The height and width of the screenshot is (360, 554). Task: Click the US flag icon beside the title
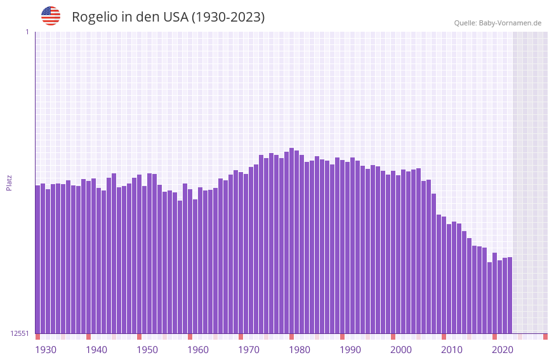click(x=51, y=16)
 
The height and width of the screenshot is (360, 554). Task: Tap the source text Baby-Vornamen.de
click(x=510, y=23)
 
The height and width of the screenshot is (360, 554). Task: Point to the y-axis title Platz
click(x=9, y=182)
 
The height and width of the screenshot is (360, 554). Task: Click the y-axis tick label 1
click(x=27, y=32)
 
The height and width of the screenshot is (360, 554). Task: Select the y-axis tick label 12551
click(x=20, y=333)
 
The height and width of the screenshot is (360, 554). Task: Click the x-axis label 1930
click(x=46, y=350)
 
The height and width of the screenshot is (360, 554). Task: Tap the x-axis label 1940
click(x=96, y=350)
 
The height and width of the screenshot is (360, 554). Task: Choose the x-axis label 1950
click(x=147, y=350)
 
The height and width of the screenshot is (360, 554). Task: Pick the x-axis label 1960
click(x=198, y=350)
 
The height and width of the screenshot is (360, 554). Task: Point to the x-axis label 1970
click(x=249, y=350)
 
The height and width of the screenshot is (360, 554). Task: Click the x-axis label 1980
click(x=300, y=350)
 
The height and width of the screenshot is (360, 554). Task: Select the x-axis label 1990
click(x=350, y=350)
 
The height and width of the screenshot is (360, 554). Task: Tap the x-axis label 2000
click(x=401, y=350)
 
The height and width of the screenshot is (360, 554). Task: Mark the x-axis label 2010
click(x=452, y=350)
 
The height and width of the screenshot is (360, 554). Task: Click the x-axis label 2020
click(x=503, y=350)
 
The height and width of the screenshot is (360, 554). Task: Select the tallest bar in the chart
click(x=291, y=241)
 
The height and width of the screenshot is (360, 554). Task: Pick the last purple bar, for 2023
click(x=510, y=295)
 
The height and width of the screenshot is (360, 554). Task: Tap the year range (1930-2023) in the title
click(x=228, y=17)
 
